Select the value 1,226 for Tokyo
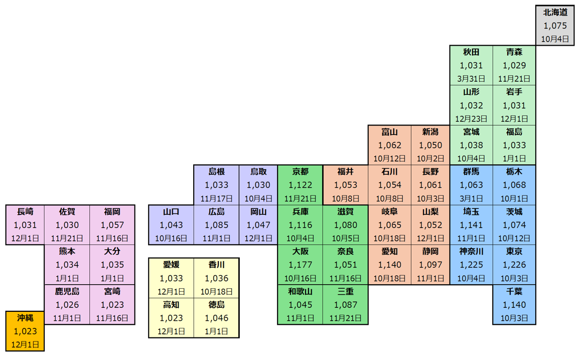pos(514,265)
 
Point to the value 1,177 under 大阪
pos(300,265)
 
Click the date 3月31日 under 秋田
pos(471,79)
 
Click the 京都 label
pos(300,172)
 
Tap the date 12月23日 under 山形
pos(471,119)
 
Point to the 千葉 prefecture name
pos(514,291)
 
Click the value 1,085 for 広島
pos(216,225)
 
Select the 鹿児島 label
pos(67,291)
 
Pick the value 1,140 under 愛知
pos(389,265)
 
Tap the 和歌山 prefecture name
pos(300,291)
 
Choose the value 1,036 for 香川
pos(216,278)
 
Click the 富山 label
pos(389,132)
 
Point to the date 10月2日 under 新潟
pos(430,159)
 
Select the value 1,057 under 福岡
pos(112,225)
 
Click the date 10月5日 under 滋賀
pos(345,238)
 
